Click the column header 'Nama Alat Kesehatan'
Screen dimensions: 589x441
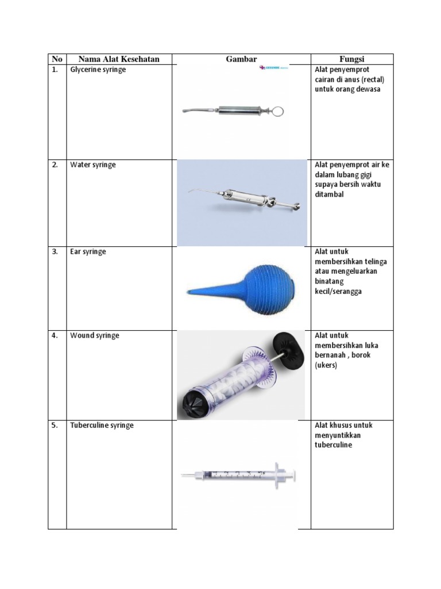[x=118, y=59]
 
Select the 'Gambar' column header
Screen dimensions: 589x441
[x=241, y=59]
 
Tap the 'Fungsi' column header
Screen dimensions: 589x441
[x=352, y=59]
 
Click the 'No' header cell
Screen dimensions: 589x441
[x=57, y=59]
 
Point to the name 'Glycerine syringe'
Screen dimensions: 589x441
[x=98, y=70]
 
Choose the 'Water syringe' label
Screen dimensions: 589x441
[x=92, y=165]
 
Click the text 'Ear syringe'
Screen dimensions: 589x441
[x=88, y=252]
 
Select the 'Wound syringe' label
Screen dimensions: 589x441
[x=94, y=335]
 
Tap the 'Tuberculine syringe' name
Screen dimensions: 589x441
[x=102, y=426]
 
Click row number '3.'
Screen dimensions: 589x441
[x=55, y=252]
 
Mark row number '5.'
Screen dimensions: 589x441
[x=55, y=426]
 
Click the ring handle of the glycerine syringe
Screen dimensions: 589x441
[x=279, y=111]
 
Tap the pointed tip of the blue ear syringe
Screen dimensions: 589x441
[x=188, y=293]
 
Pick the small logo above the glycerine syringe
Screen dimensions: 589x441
[x=273, y=68]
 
